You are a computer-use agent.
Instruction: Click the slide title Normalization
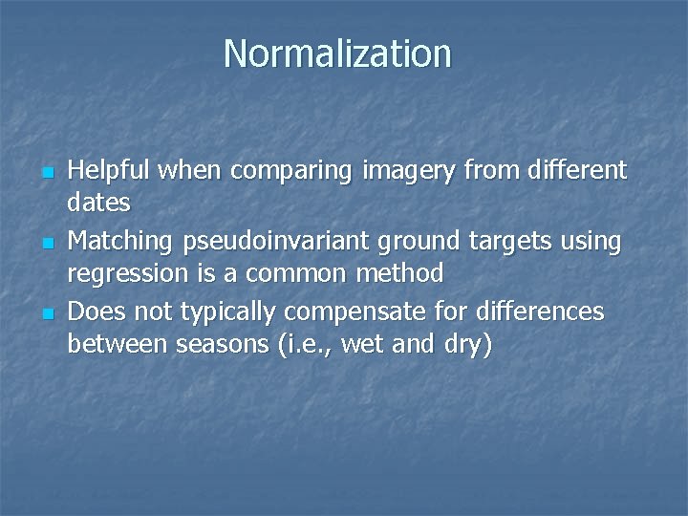336,54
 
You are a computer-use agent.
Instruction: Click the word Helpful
109,171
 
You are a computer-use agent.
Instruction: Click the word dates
98,204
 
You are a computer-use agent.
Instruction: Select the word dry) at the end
470,344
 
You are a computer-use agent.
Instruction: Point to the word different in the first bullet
572,171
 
